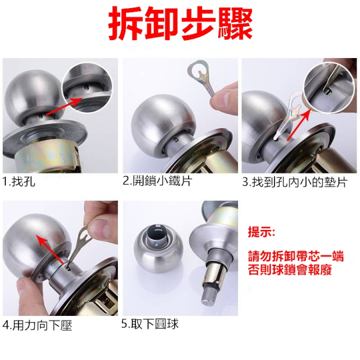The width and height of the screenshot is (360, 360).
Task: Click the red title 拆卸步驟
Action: (x=181, y=23)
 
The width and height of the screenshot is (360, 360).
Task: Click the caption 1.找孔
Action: (x=19, y=182)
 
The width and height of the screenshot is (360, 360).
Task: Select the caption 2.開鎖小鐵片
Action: (x=157, y=181)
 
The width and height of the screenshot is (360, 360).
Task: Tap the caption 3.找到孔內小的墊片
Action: (x=295, y=182)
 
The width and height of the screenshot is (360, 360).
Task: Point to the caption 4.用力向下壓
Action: (x=37, y=325)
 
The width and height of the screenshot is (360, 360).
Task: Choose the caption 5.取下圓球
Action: (x=150, y=324)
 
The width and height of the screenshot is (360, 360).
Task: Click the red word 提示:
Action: (x=261, y=232)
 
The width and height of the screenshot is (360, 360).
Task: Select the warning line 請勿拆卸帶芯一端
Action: (x=296, y=256)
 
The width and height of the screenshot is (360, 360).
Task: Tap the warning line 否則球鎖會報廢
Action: (x=290, y=270)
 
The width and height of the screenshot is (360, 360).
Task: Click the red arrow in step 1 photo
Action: (x=64, y=106)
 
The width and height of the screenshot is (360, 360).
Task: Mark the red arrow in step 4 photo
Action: (x=51, y=250)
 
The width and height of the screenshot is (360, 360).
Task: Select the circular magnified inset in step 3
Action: (x=329, y=88)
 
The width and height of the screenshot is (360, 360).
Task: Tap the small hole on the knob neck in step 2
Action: (x=176, y=139)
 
